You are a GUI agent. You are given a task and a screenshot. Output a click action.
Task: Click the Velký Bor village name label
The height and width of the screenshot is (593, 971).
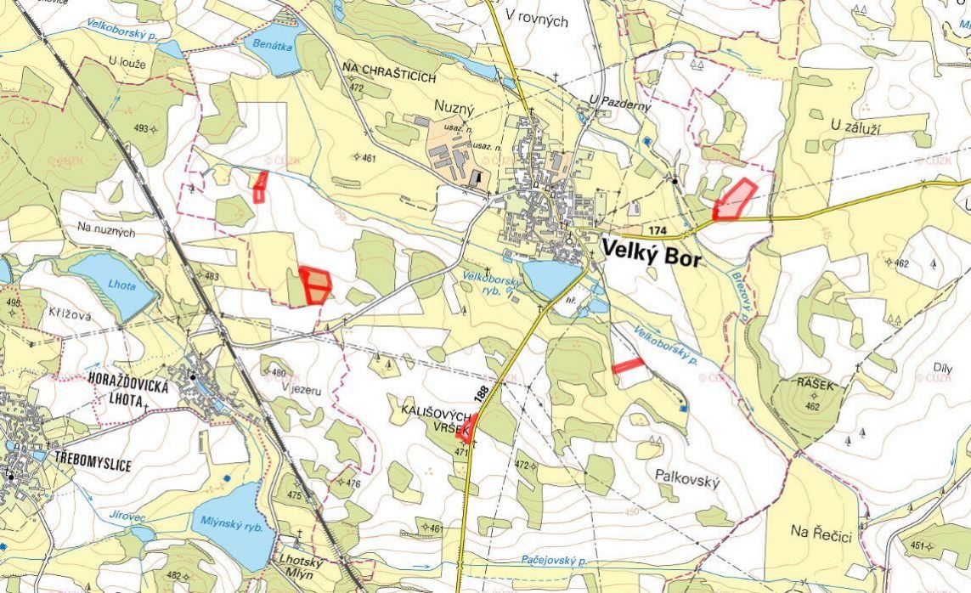click(x=652, y=253)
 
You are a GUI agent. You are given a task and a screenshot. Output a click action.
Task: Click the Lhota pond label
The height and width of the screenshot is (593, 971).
click(x=121, y=285)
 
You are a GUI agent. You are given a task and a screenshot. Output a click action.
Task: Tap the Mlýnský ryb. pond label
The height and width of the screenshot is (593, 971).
click(x=233, y=526)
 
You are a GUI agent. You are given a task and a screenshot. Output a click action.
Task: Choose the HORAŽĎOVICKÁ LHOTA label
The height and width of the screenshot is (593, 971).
click(x=127, y=393)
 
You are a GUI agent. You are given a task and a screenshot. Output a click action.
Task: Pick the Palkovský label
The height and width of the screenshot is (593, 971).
click(x=687, y=482)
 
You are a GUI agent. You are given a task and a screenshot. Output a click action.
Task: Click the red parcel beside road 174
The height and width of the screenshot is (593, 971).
click(x=733, y=200)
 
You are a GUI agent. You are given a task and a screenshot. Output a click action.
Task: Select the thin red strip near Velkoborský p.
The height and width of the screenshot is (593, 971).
click(x=628, y=366)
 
